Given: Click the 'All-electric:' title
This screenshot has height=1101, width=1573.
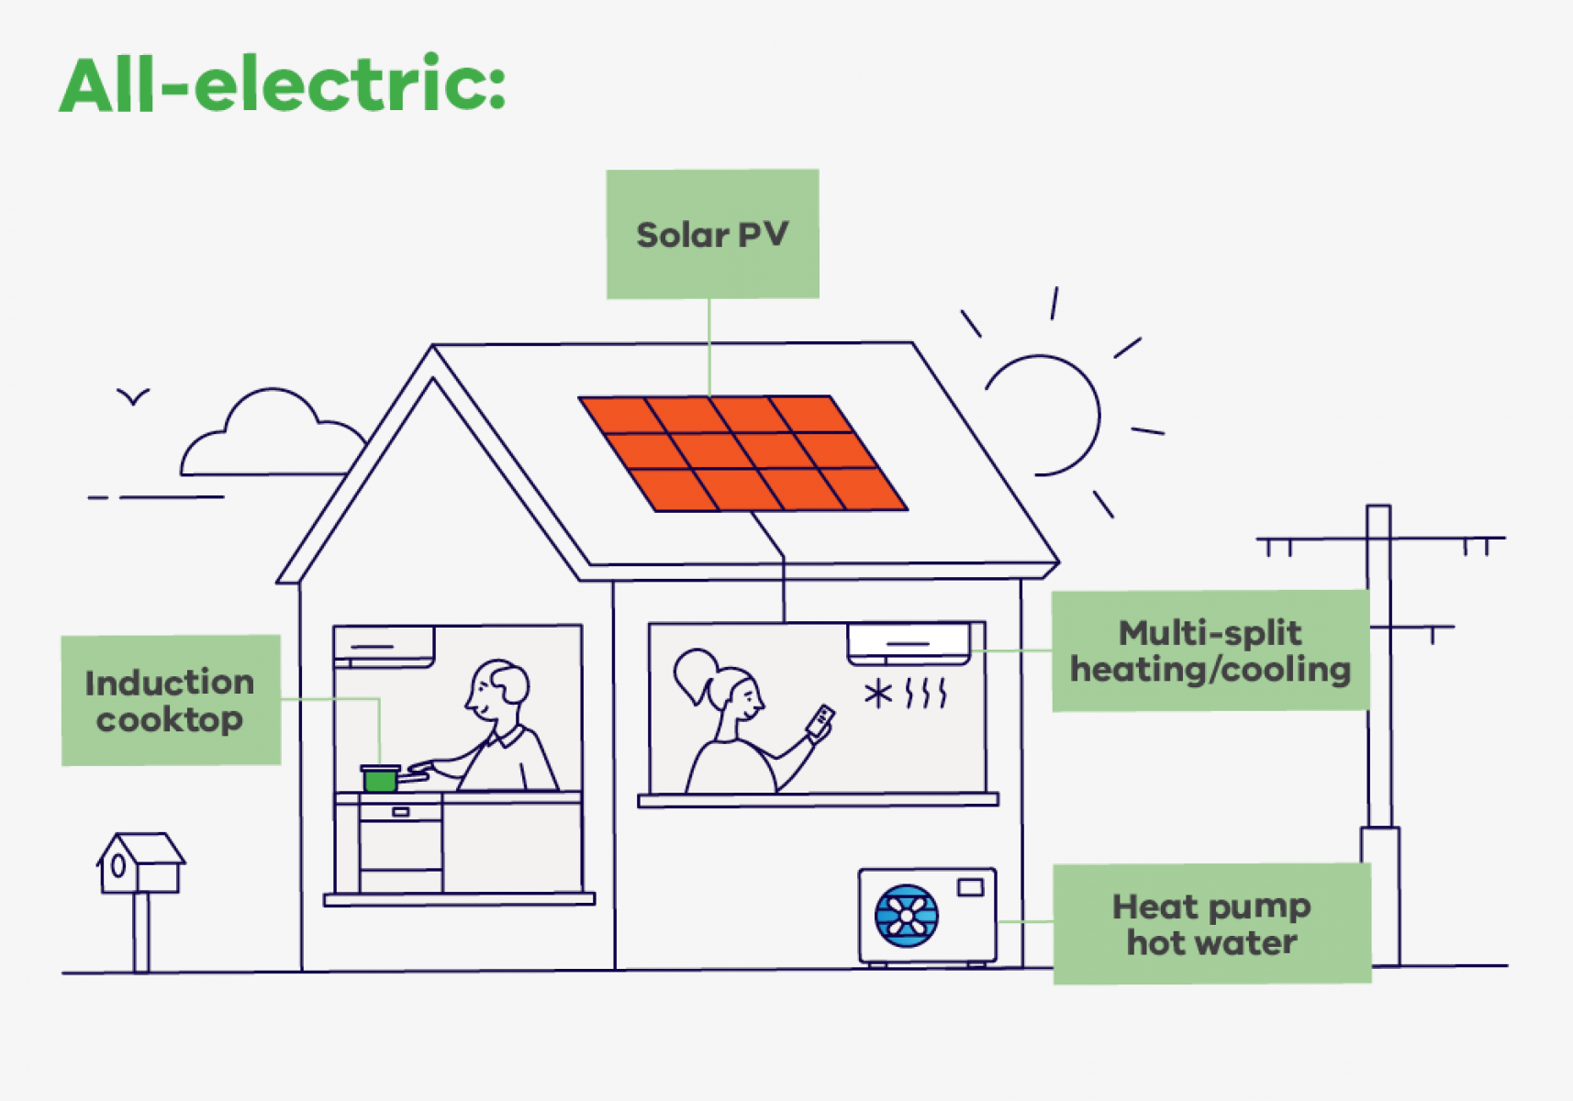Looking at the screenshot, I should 283,84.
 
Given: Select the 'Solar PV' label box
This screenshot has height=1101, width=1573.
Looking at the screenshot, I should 712,234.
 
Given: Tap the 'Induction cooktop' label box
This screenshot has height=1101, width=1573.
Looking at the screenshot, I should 171,700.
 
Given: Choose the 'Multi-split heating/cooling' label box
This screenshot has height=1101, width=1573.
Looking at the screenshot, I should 1210,651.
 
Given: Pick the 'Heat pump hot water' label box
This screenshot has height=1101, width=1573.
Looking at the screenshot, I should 1211,924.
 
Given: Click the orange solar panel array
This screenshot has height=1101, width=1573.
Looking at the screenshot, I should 743,453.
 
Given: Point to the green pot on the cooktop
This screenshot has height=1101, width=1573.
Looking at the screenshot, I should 380,779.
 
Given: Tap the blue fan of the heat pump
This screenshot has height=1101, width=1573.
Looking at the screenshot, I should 907,916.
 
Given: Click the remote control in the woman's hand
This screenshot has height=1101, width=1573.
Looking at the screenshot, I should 820,721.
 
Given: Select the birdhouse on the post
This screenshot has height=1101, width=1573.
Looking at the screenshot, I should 139,864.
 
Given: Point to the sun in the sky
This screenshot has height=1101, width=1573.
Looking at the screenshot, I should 1043,416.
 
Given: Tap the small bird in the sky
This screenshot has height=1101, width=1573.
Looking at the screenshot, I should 133,396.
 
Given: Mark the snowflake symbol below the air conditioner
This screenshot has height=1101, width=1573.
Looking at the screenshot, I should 877,693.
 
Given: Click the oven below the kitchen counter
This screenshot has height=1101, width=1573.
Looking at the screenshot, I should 400,844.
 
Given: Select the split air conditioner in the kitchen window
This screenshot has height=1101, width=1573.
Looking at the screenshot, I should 384,646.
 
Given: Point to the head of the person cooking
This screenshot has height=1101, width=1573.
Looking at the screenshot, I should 498,691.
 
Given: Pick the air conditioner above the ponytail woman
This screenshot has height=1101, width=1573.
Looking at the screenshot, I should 908,642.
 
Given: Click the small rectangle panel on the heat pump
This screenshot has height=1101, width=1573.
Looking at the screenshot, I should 970,887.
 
